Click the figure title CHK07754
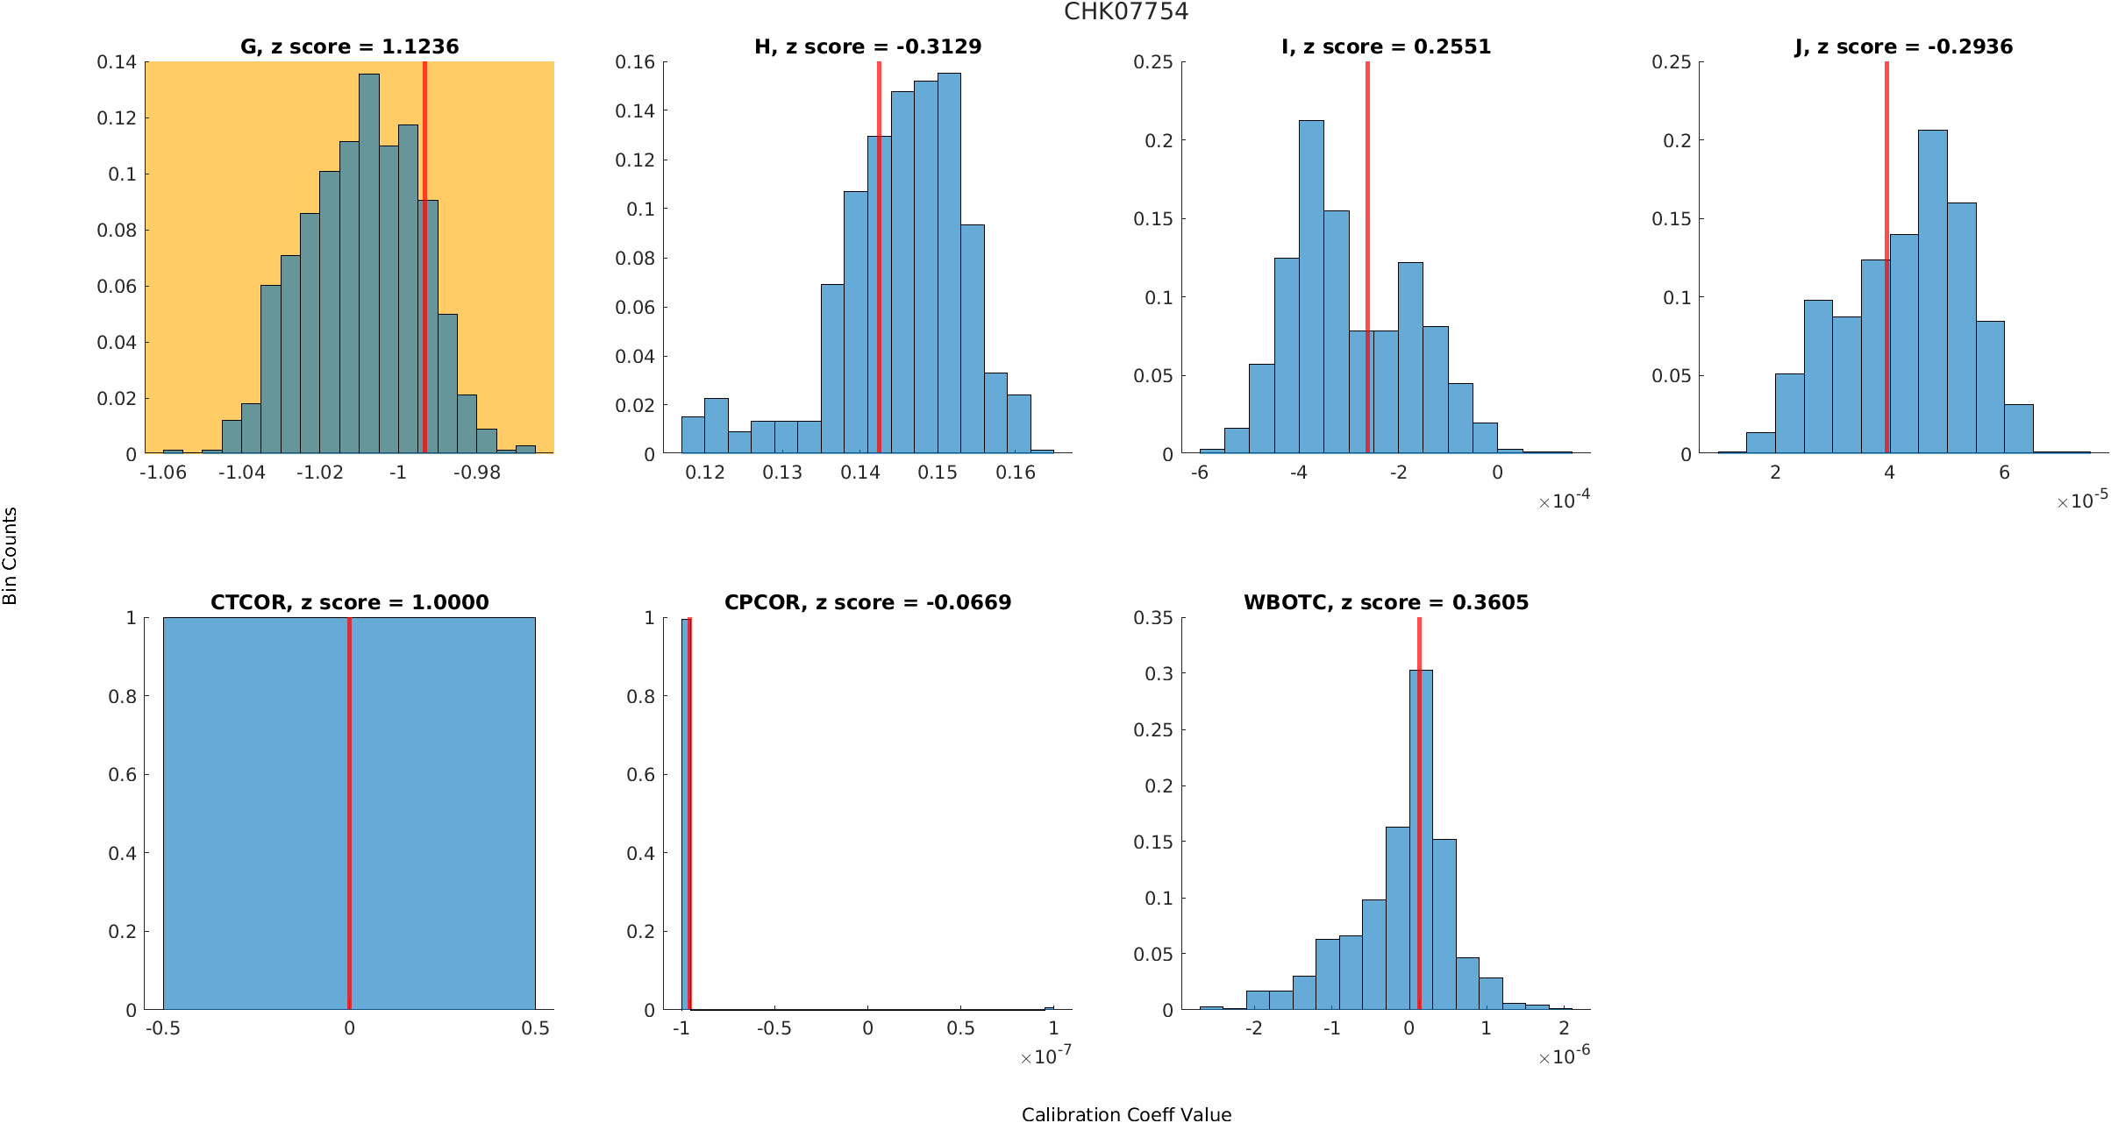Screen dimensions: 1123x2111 (x=1126, y=11)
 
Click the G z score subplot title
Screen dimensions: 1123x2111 (x=349, y=46)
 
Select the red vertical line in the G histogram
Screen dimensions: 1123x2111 (x=424, y=263)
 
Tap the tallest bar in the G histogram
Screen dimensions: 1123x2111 (x=369, y=263)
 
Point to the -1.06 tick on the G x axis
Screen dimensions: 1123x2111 (x=163, y=473)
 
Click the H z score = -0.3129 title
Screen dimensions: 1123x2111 (x=867, y=46)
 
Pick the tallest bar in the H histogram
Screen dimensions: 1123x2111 (x=949, y=263)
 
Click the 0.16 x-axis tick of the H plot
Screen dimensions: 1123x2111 (x=1016, y=473)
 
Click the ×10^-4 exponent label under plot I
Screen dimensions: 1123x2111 (x=1564, y=501)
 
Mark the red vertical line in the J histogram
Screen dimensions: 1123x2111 (x=1886, y=263)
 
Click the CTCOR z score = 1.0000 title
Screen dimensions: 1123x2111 (x=349, y=602)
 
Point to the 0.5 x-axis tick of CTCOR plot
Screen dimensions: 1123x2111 (x=535, y=1028)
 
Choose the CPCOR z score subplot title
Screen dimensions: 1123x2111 (x=867, y=602)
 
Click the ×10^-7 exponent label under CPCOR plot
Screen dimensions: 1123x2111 (x=1045, y=1056)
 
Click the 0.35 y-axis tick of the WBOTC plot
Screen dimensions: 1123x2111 (x=1152, y=618)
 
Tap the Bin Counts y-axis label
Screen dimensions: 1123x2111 (x=11, y=556)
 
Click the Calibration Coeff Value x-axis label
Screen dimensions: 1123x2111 (x=1126, y=1114)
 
